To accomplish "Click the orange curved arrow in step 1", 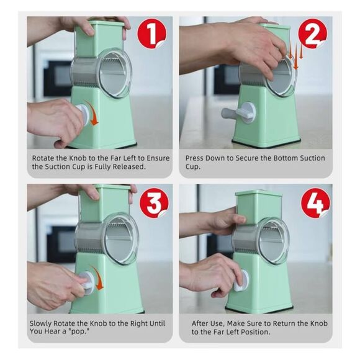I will pyautogui.click(x=93, y=116).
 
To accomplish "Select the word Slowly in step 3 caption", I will pyautogui.click(x=43, y=323).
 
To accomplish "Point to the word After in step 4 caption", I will pyautogui.click(x=201, y=323).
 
